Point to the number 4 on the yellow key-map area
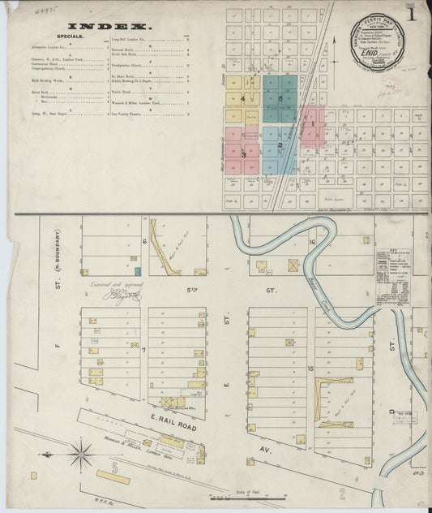tap(242, 98)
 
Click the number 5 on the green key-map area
tap(280, 99)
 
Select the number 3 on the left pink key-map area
tap(243, 153)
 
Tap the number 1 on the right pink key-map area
tap(313, 124)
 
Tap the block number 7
tap(143, 349)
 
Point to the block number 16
tap(311, 242)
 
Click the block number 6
tap(144, 241)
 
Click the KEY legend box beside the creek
tap(396, 276)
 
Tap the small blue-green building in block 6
tap(138, 271)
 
